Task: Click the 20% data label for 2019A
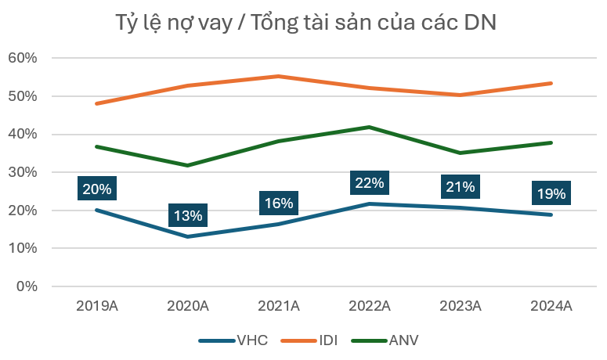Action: point(97,189)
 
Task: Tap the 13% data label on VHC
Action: point(188,215)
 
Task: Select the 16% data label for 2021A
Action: point(278,203)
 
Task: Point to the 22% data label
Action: point(369,183)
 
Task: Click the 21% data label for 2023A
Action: point(460,186)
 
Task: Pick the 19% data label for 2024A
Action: point(551,193)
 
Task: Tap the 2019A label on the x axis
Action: point(97,306)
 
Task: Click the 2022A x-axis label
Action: point(369,306)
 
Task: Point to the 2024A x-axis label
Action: point(551,306)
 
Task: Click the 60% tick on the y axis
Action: point(23,58)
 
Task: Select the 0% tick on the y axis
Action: point(27,286)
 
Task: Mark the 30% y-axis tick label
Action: point(23,172)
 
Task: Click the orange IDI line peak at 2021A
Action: point(278,76)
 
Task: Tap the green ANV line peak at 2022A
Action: point(369,127)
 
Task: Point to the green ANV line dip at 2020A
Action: point(188,165)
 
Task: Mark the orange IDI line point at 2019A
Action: point(97,103)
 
